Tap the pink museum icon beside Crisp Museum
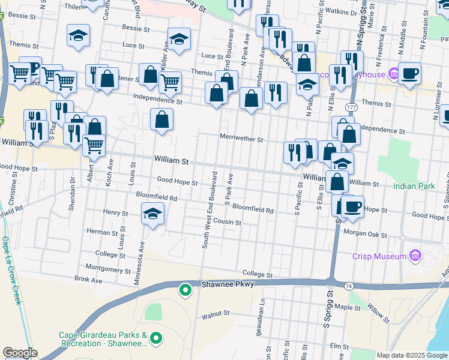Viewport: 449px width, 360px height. coord(414,256)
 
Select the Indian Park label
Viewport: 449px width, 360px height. coord(414,187)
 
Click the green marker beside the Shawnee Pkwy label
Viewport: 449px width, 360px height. coord(185,291)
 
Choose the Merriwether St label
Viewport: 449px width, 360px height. coord(241,139)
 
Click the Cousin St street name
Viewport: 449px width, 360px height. coord(228,223)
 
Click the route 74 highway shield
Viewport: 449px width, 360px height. coord(349,287)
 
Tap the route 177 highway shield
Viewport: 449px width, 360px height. coord(351,106)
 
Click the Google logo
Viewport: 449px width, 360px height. coord(19,353)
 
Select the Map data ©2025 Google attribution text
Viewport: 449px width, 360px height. coord(412,355)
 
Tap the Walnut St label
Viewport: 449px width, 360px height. coord(216,313)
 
